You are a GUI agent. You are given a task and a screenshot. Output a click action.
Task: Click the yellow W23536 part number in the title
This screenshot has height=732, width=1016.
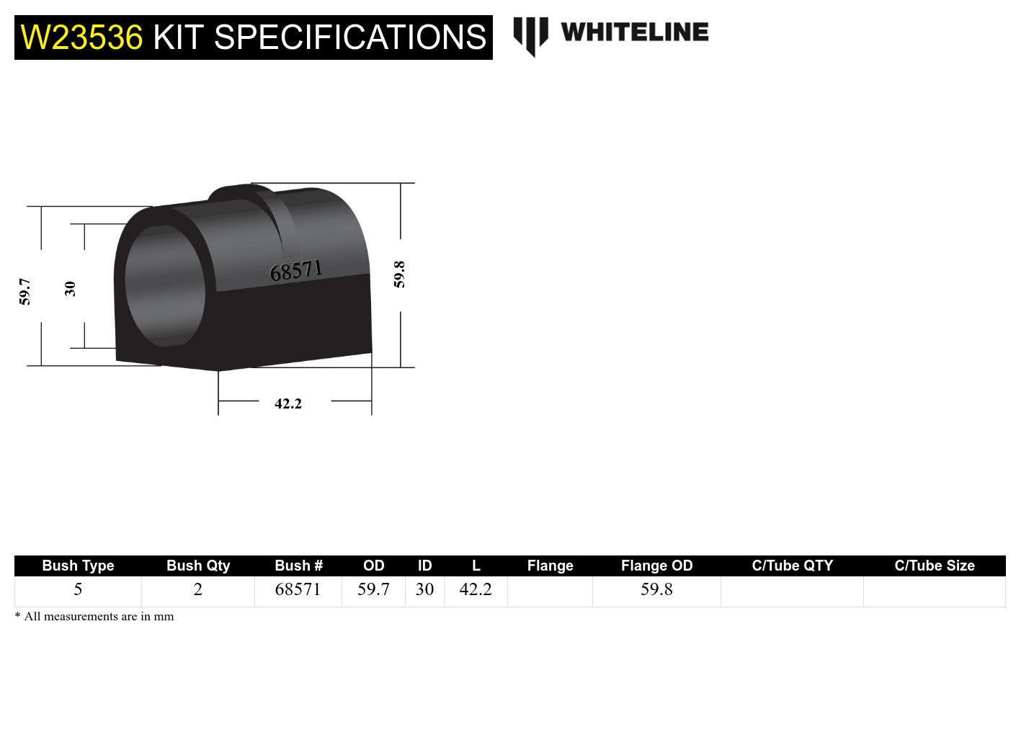pyautogui.click(x=81, y=37)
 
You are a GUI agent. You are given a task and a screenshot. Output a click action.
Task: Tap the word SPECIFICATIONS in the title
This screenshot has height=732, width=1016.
pyautogui.click(x=350, y=37)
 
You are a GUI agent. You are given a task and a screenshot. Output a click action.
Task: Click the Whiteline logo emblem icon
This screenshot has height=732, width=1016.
pyautogui.click(x=530, y=35)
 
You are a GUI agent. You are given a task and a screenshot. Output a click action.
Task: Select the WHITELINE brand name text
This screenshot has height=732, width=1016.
pyautogui.click(x=634, y=32)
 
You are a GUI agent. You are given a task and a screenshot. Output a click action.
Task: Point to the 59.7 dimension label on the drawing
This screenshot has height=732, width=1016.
pyautogui.click(x=25, y=291)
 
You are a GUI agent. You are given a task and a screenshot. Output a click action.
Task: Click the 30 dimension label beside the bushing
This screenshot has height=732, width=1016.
pyautogui.click(x=70, y=288)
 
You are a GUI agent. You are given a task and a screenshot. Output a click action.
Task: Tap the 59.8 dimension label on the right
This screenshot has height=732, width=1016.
pyautogui.click(x=399, y=274)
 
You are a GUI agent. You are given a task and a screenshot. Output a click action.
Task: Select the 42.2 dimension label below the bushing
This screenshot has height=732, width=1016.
pyautogui.click(x=288, y=403)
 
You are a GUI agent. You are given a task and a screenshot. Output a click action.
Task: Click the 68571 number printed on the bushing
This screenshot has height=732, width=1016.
pyautogui.click(x=295, y=271)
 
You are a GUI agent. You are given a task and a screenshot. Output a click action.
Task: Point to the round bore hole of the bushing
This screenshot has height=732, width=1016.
pyautogui.click(x=164, y=286)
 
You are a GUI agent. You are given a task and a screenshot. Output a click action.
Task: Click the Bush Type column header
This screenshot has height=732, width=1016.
pyautogui.click(x=78, y=566)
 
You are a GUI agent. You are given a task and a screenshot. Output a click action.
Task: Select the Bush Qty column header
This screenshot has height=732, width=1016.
pyautogui.click(x=198, y=566)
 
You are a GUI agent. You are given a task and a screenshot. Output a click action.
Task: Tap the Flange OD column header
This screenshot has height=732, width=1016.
pyautogui.click(x=656, y=566)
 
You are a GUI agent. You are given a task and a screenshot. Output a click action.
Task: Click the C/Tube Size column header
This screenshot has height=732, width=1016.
pyautogui.click(x=934, y=566)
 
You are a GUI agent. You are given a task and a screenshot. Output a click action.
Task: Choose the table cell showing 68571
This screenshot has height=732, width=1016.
pyautogui.click(x=298, y=589)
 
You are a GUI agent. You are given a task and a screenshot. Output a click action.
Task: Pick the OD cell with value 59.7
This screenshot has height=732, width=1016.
pyautogui.click(x=373, y=589)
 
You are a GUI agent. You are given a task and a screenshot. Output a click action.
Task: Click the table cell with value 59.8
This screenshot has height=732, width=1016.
pyautogui.click(x=656, y=589)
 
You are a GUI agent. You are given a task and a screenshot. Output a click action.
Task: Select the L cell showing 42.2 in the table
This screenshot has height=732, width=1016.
pyautogui.click(x=476, y=589)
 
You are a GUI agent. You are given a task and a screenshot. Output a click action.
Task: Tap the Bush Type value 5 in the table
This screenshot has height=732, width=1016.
pyautogui.click(x=78, y=589)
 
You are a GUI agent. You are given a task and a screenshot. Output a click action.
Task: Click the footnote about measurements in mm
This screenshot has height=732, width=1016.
pyautogui.click(x=94, y=616)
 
